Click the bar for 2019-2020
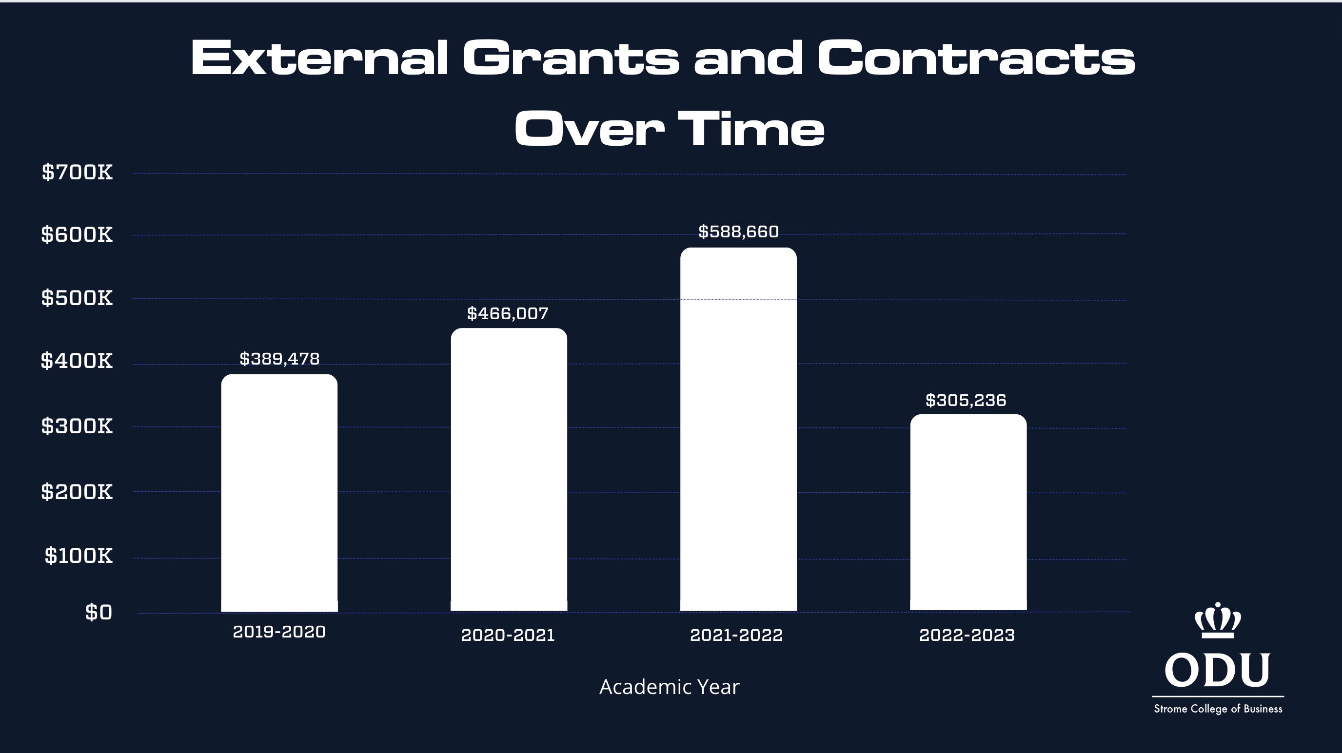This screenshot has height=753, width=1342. tap(279, 493)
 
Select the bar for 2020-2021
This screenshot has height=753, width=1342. tap(509, 469)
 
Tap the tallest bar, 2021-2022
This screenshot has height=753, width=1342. tap(738, 429)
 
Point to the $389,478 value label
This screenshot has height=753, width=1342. tap(279, 359)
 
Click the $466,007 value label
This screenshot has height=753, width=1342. tap(508, 313)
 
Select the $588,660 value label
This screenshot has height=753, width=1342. tap(738, 232)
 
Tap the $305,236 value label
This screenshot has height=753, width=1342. tap(966, 401)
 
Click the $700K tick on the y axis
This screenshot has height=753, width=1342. tap(77, 173)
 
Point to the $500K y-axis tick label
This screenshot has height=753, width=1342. tap(77, 298)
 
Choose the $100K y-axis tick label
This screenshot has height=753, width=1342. tap(79, 556)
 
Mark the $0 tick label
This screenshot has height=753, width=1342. tap(99, 613)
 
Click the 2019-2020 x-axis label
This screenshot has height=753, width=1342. tap(279, 632)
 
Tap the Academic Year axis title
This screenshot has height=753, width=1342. tap(669, 687)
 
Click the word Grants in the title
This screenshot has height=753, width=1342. tap(571, 58)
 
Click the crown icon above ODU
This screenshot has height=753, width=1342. tap(1218, 621)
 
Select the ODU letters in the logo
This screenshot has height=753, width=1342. tap(1218, 670)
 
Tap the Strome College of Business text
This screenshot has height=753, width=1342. tap(1218, 709)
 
